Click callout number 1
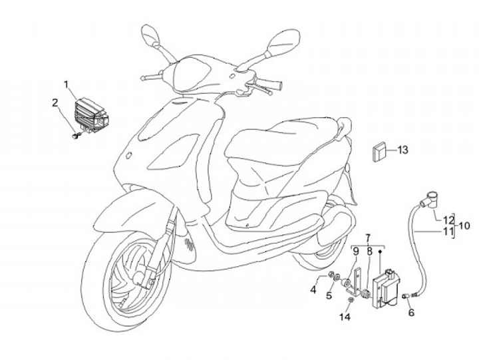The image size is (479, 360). (66, 85)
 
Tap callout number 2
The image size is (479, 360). (56, 102)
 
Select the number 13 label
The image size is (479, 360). (402, 150)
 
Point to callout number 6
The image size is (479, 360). (410, 312)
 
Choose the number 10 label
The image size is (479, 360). (464, 225)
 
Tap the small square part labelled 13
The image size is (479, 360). (380, 150)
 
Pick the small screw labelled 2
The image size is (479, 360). (76, 136)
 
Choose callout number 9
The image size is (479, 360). (356, 251)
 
